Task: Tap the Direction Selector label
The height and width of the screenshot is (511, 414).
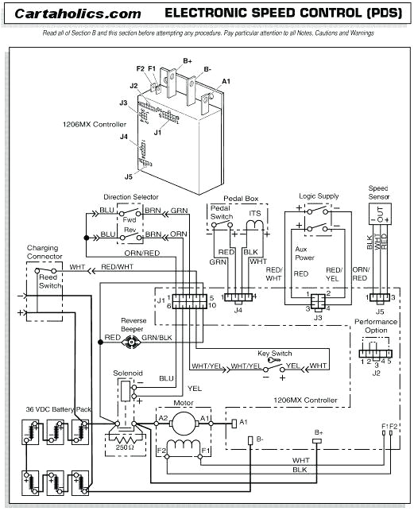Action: click(131, 196)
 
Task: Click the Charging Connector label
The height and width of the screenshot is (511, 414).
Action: click(42, 253)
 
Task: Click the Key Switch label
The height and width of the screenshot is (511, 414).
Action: click(275, 352)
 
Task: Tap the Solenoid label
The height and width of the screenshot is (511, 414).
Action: click(127, 372)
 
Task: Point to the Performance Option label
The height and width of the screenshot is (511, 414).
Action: click(371, 325)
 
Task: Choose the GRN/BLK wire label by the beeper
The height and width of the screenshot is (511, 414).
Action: click(156, 338)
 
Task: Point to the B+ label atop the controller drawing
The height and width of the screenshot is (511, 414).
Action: click(188, 60)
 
